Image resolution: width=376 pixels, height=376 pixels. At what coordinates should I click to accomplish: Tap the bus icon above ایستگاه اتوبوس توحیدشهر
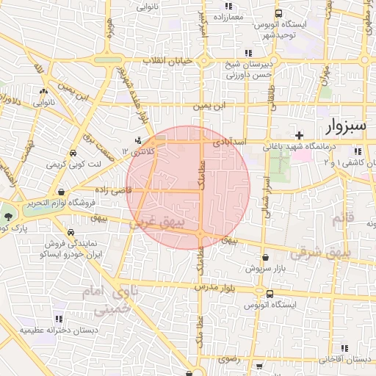[x=278, y=13]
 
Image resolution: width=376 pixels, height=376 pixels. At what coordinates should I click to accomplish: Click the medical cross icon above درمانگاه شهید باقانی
[x=298, y=135]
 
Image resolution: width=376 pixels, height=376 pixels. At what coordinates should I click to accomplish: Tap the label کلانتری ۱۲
[x=146, y=151]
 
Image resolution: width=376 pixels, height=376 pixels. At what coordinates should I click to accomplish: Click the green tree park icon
[x=8, y=217]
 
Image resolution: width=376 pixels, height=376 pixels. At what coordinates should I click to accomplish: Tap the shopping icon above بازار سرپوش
[x=264, y=258]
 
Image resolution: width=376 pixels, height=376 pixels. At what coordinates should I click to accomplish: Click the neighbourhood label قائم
[x=343, y=218]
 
